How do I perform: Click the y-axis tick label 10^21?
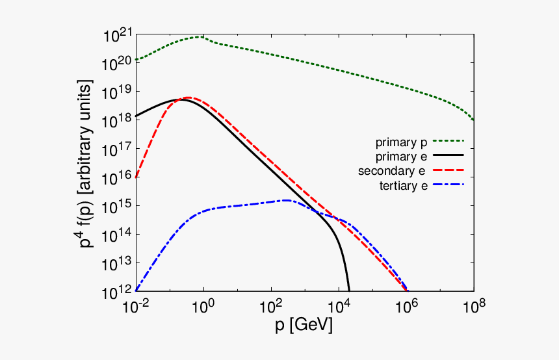pos(116,36)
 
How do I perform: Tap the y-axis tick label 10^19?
pos(116,92)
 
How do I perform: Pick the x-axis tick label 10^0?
pos(203,306)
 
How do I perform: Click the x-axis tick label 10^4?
pos(339,306)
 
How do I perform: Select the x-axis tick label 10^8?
pos(473,306)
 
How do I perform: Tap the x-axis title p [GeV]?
pos(304,326)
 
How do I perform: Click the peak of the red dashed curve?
pos(187,97)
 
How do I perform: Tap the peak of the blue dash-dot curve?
pos(286,200)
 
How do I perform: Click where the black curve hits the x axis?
pos(349,290)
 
